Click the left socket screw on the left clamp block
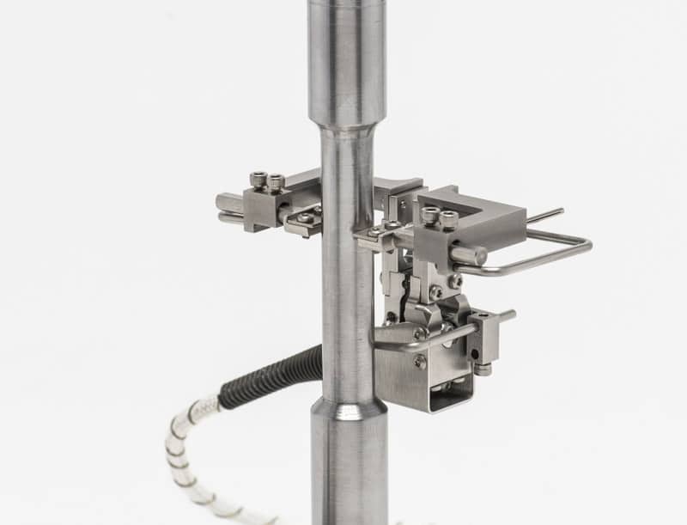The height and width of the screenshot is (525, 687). point(258,180)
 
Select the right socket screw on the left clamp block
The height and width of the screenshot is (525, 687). point(275,181)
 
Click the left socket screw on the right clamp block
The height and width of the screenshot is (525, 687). point(429,216)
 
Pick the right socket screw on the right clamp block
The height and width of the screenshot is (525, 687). point(448,219)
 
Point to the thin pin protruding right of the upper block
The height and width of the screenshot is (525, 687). point(544,216)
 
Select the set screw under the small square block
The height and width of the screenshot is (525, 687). point(483,369)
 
